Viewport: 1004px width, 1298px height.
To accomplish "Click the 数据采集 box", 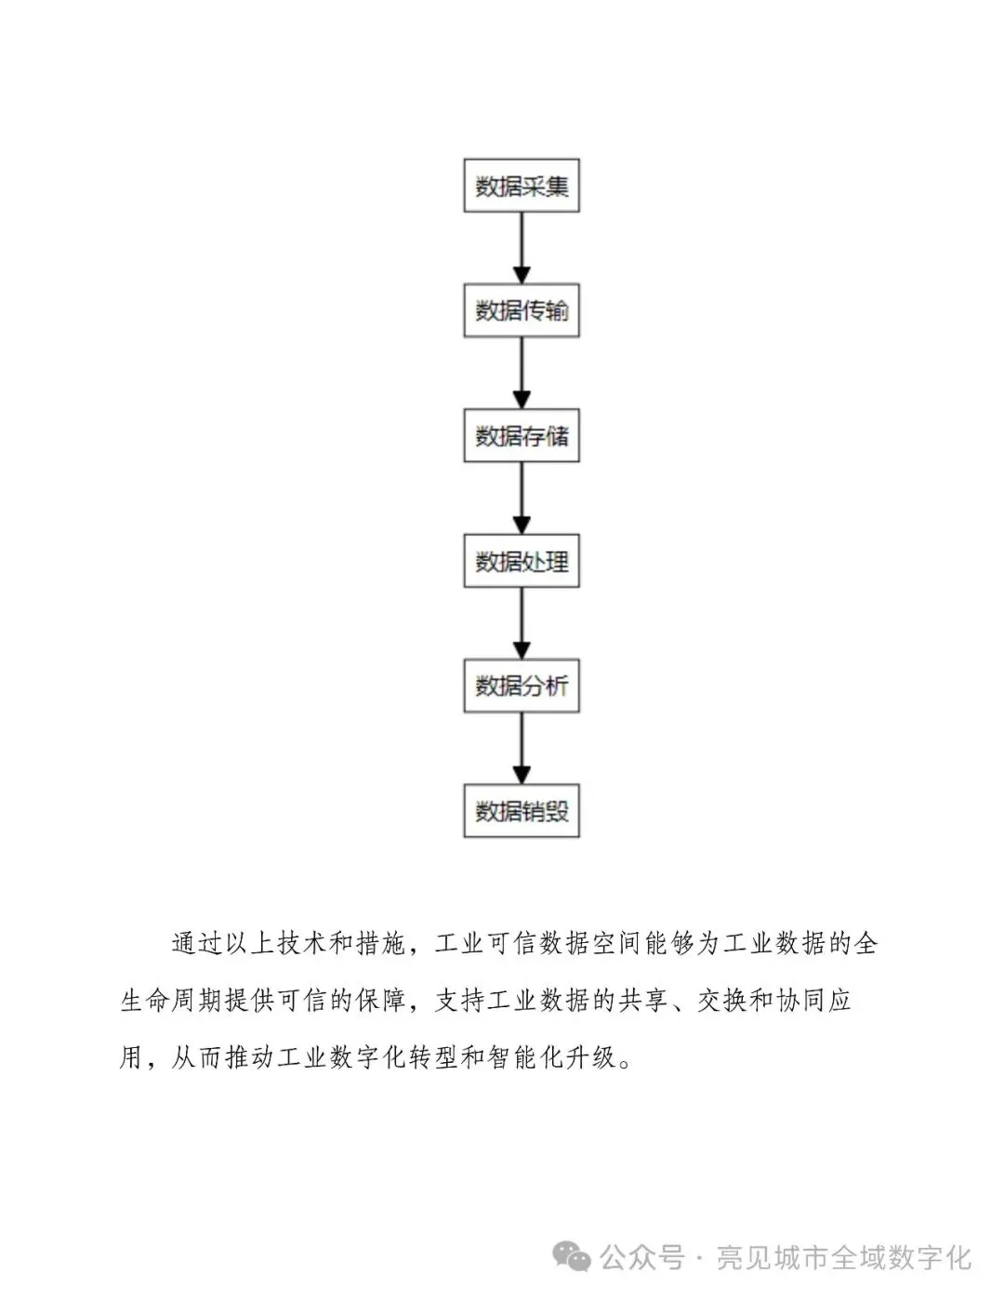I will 522,186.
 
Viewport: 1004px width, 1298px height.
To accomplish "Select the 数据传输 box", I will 522,310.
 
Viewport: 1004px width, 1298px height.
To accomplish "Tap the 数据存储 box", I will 522,436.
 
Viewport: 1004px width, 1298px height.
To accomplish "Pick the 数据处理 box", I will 522,561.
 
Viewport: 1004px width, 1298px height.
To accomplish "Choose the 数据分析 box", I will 522,686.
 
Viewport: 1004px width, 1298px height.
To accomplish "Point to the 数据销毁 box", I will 522,811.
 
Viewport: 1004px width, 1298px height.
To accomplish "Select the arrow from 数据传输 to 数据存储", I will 522,373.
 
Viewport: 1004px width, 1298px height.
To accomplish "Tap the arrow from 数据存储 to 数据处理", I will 522,498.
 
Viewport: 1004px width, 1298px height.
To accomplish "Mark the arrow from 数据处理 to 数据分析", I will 522,623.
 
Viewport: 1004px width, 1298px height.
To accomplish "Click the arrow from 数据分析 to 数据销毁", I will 522,748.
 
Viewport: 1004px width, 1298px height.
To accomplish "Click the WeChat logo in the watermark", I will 573,1258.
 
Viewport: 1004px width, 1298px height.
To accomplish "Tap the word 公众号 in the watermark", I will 642,1258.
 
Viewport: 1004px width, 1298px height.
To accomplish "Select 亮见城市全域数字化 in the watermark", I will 843,1258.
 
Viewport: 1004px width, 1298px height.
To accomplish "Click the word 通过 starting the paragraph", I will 197,944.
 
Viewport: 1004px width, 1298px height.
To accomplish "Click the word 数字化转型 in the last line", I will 393,1057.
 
